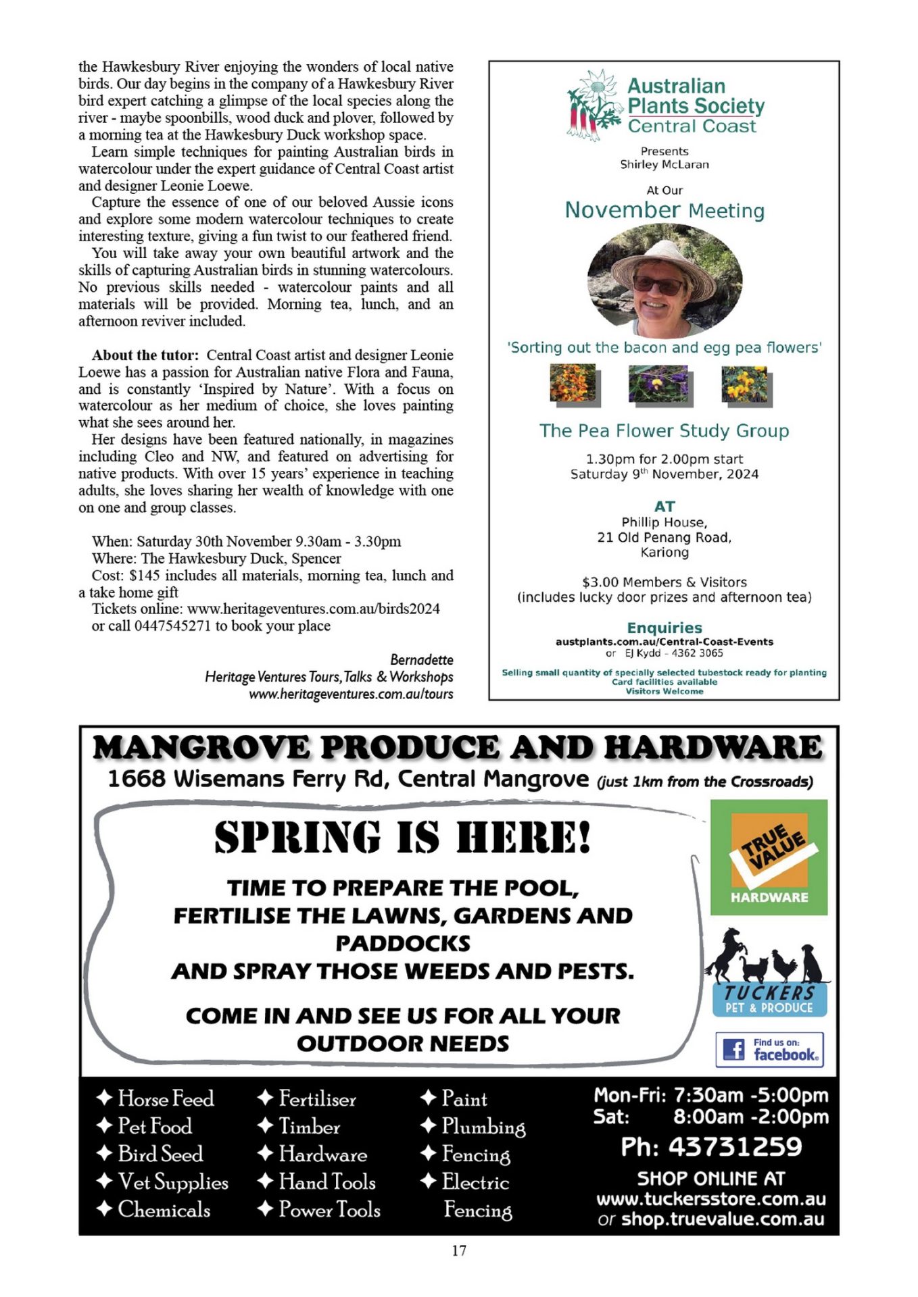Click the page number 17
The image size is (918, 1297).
(459, 1250)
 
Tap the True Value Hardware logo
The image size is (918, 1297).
(769, 857)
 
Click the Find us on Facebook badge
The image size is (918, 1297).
(769, 1049)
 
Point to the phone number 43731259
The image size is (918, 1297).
(711, 1147)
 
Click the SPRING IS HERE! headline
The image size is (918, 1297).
(403, 838)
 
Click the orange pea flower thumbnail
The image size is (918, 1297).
(573, 384)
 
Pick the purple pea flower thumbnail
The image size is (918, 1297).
(658, 384)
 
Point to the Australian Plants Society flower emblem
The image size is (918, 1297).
(594, 105)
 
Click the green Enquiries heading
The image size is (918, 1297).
(665, 628)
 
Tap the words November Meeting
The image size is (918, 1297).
(665, 211)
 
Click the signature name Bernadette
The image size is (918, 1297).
(422, 659)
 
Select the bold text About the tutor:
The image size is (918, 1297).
(145, 355)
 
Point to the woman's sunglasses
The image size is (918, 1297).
(658, 284)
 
